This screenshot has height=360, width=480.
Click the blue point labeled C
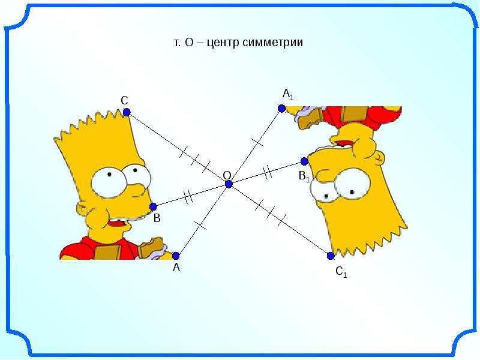pyautogui.click(x=127, y=112)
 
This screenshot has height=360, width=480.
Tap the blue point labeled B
pyautogui.click(x=153, y=207)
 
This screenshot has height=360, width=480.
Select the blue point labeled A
pyautogui.click(x=176, y=256)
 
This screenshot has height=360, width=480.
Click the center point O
pyautogui.click(x=229, y=185)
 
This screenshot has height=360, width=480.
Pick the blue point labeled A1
pyautogui.click(x=281, y=109)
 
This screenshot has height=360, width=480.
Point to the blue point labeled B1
pyautogui.click(x=304, y=161)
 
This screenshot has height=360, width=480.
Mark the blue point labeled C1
pyautogui.click(x=331, y=256)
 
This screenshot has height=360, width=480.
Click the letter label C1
pyautogui.click(x=341, y=273)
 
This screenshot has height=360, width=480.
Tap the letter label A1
pyautogui.click(x=288, y=94)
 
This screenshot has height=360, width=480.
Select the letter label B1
pyautogui.click(x=304, y=177)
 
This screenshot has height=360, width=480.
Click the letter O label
pyautogui.click(x=227, y=175)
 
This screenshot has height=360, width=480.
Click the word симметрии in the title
pyautogui.click(x=275, y=43)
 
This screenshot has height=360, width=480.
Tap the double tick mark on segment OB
pyautogui.click(x=188, y=196)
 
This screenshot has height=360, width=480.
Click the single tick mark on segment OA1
pyautogui.click(x=257, y=143)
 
